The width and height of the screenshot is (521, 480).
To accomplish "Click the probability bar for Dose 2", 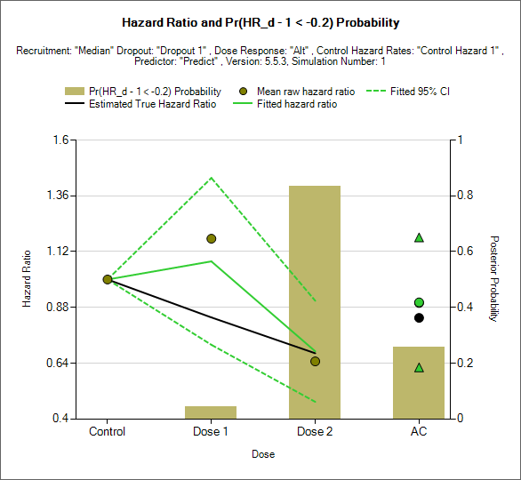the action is pos(315,302).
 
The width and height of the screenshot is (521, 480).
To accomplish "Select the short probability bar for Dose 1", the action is pos(211,412).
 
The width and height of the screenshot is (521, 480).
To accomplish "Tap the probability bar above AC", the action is pos(419,383).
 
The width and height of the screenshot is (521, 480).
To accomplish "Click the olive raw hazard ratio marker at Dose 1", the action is pos(212,238).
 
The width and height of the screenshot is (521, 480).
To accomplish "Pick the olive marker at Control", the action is pos(108,279).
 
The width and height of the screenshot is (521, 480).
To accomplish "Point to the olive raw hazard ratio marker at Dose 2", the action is pos(315,361).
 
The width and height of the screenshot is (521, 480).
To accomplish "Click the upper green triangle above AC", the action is pos(419,237).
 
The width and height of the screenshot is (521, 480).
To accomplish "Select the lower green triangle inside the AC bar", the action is pos(419,367).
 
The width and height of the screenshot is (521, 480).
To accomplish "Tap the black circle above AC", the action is pos(419,318).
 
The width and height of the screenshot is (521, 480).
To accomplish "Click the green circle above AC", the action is pos(419,302).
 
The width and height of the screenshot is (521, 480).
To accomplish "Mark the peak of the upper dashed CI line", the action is pos(212,178).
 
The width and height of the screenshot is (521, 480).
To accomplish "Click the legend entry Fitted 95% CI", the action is pos(408,92).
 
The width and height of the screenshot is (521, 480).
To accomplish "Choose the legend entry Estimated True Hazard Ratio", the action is pos(140,104).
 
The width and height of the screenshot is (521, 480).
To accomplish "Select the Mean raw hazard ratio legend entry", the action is pos(297,92).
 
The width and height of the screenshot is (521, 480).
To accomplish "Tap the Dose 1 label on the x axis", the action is pos(211,431).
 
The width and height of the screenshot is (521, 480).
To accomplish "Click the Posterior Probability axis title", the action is pos(494,279).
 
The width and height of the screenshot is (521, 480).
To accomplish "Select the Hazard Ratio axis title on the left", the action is pos(27,279).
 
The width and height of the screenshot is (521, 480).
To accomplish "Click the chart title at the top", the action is pos(260,22).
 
